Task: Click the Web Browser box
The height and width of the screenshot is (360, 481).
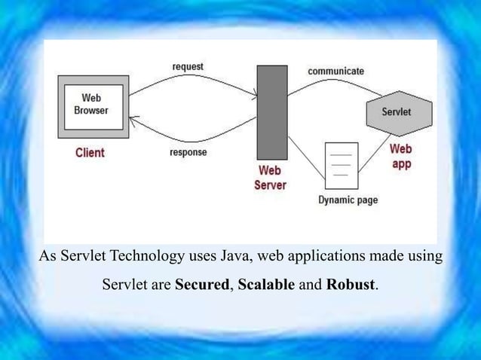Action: click(91, 105)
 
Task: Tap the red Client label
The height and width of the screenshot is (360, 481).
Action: click(90, 153)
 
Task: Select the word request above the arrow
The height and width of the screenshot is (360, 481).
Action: click(188, 67)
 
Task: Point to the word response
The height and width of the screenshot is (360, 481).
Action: click(188, 152)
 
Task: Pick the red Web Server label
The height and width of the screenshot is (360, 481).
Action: click(270, 178)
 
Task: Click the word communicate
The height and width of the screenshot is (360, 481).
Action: click(335, 71)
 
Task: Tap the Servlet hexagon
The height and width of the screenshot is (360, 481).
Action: click(398, 112)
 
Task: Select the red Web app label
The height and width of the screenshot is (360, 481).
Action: click(400, 157)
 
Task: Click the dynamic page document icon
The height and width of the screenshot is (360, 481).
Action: click(341, 165)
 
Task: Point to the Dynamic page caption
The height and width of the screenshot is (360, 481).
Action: click(348, 200)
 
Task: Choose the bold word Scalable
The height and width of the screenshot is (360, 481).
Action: click(266, 287)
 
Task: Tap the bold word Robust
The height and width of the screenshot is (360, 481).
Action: click(350, 287)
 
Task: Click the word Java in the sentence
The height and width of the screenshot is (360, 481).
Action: click(235, 257)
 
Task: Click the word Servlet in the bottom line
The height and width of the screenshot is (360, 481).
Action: click(125, 287)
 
